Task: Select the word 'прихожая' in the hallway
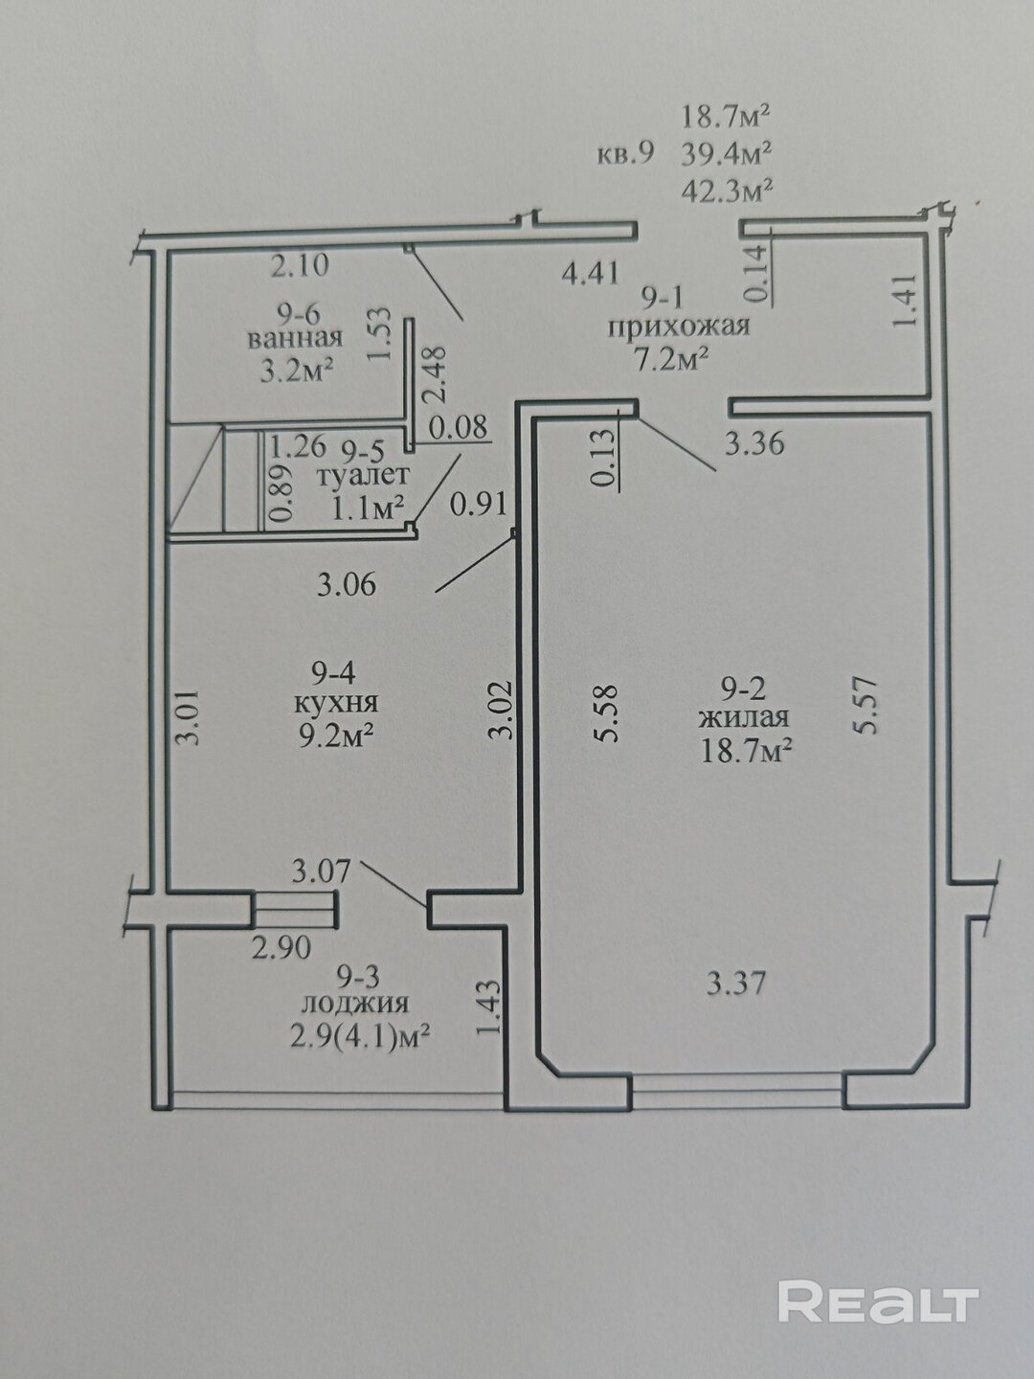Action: [679, 328]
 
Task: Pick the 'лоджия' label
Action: [354, 1004]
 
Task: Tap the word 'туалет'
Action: [364, 475]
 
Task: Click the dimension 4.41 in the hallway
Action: [590, 274]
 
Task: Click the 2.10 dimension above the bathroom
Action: [300, 265]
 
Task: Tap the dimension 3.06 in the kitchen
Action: [347, 585]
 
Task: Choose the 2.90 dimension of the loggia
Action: [281, 947]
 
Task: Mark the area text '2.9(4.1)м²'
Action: [360, 1032]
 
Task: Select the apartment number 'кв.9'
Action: [625, 153]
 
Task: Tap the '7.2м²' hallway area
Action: [672, 361]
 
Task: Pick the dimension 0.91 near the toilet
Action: [479, 504]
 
